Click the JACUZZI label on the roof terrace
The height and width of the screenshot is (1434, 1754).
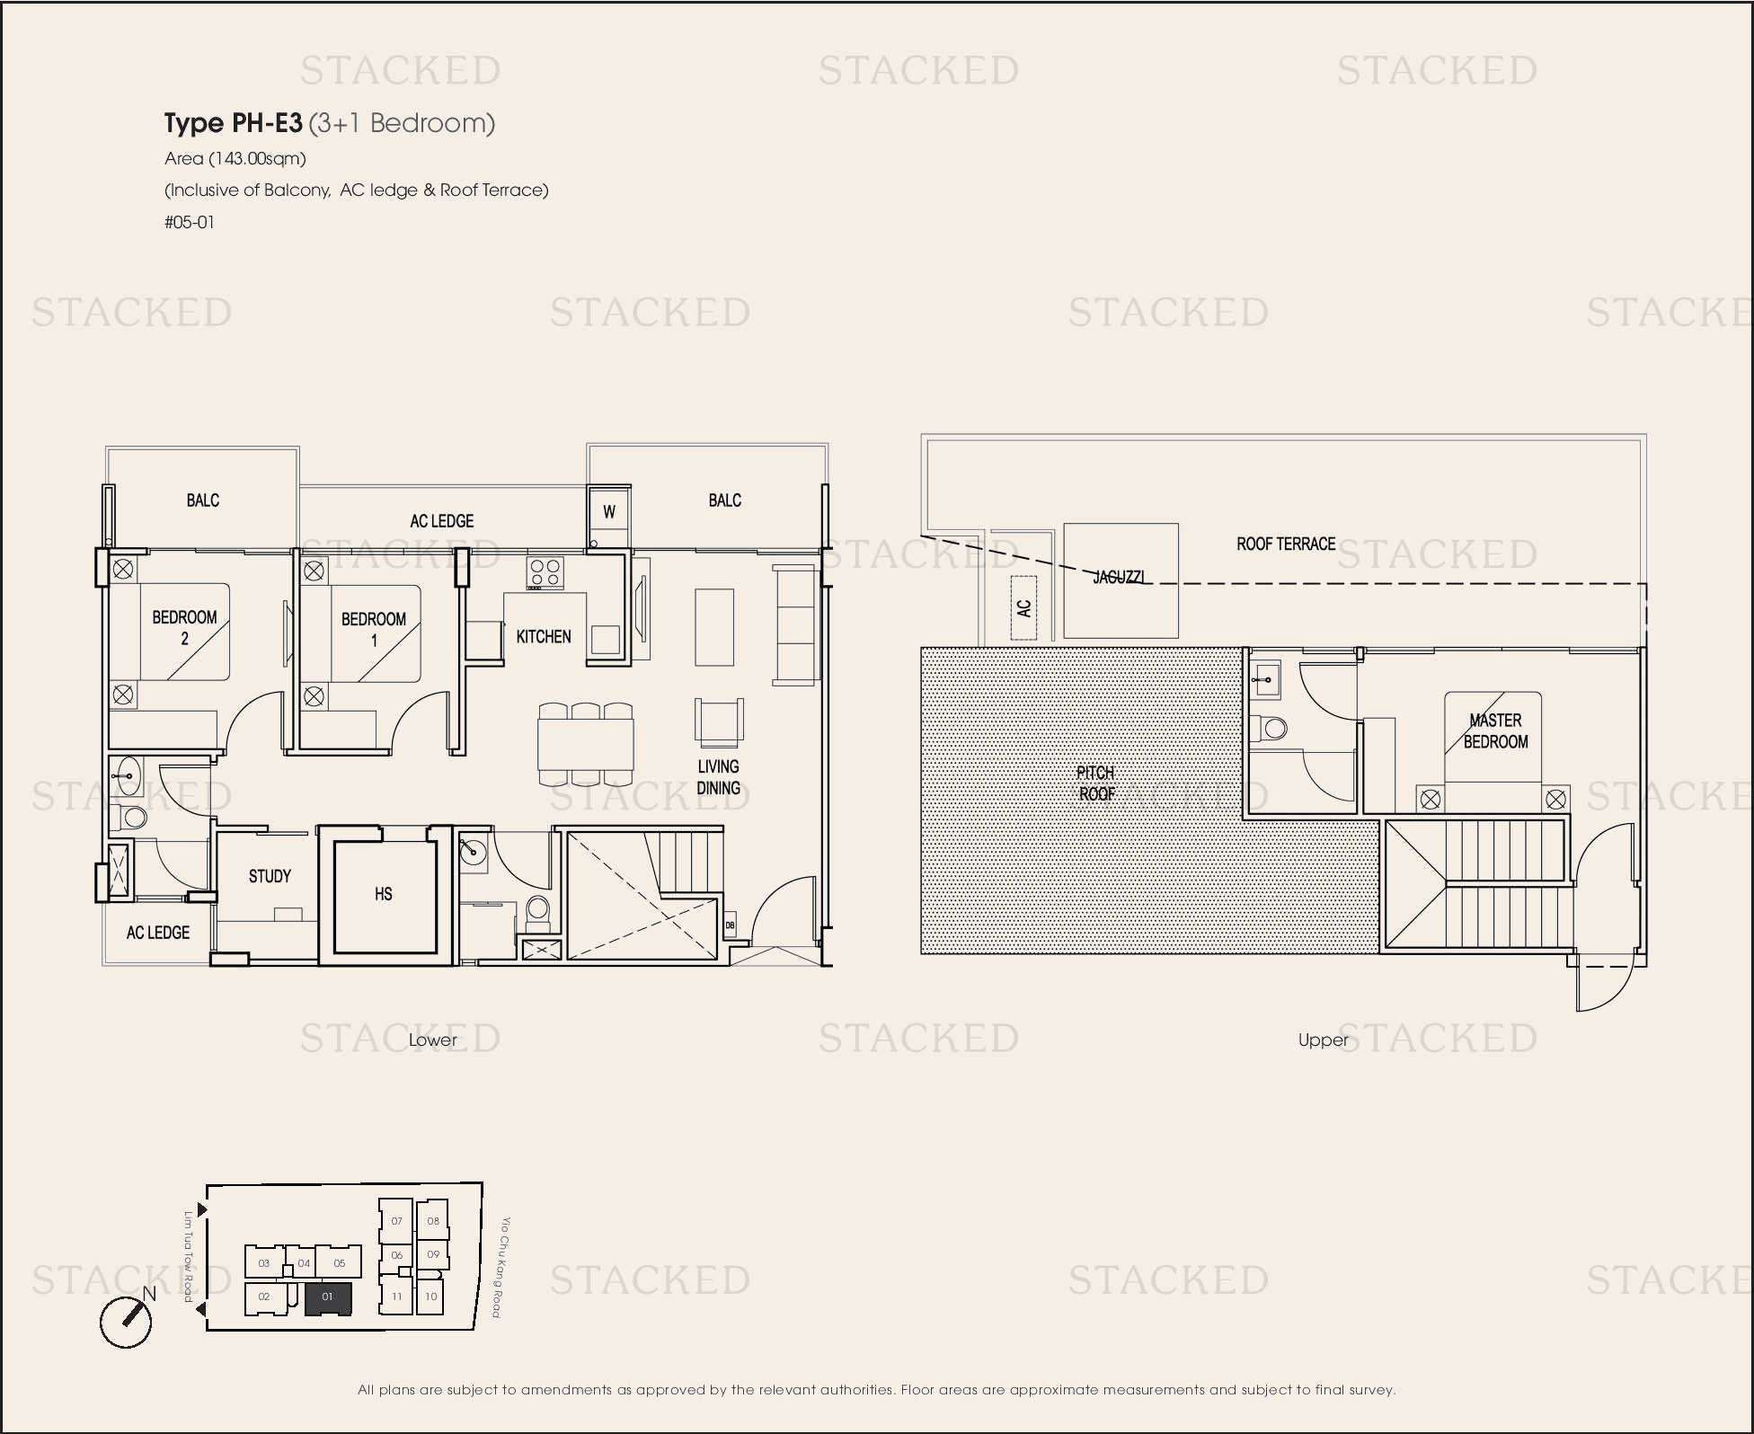click(1119, 577)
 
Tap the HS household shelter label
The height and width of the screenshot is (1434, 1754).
click(384, 894)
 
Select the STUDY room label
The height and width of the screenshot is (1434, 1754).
click(270, 876)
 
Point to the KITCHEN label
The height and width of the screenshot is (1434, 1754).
click(544, 636)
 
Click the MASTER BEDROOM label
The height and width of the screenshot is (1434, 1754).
click(1496, 731)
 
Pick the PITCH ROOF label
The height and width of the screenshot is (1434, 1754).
click(1096, 783)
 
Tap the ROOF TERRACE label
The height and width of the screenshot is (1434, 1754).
click(1286, 544)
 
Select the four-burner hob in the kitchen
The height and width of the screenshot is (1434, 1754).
click(545, 572)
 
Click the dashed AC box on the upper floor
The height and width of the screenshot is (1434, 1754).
click(1023, 607)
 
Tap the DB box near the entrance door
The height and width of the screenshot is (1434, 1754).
click(730, 925)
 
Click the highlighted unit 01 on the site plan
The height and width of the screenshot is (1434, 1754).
click(328, 1297)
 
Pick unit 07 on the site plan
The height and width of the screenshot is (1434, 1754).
click(396, 1221)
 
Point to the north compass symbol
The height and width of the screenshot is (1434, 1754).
click(126, 1321)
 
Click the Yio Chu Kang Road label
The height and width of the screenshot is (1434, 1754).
click(500, 1267)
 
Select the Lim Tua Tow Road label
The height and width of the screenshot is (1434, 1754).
click(189, 1256)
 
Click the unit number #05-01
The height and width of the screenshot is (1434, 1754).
click(190, 222)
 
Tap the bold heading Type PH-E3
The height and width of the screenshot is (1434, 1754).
click(234, 123)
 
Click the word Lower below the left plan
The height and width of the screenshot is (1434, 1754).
click(433, 1040)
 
